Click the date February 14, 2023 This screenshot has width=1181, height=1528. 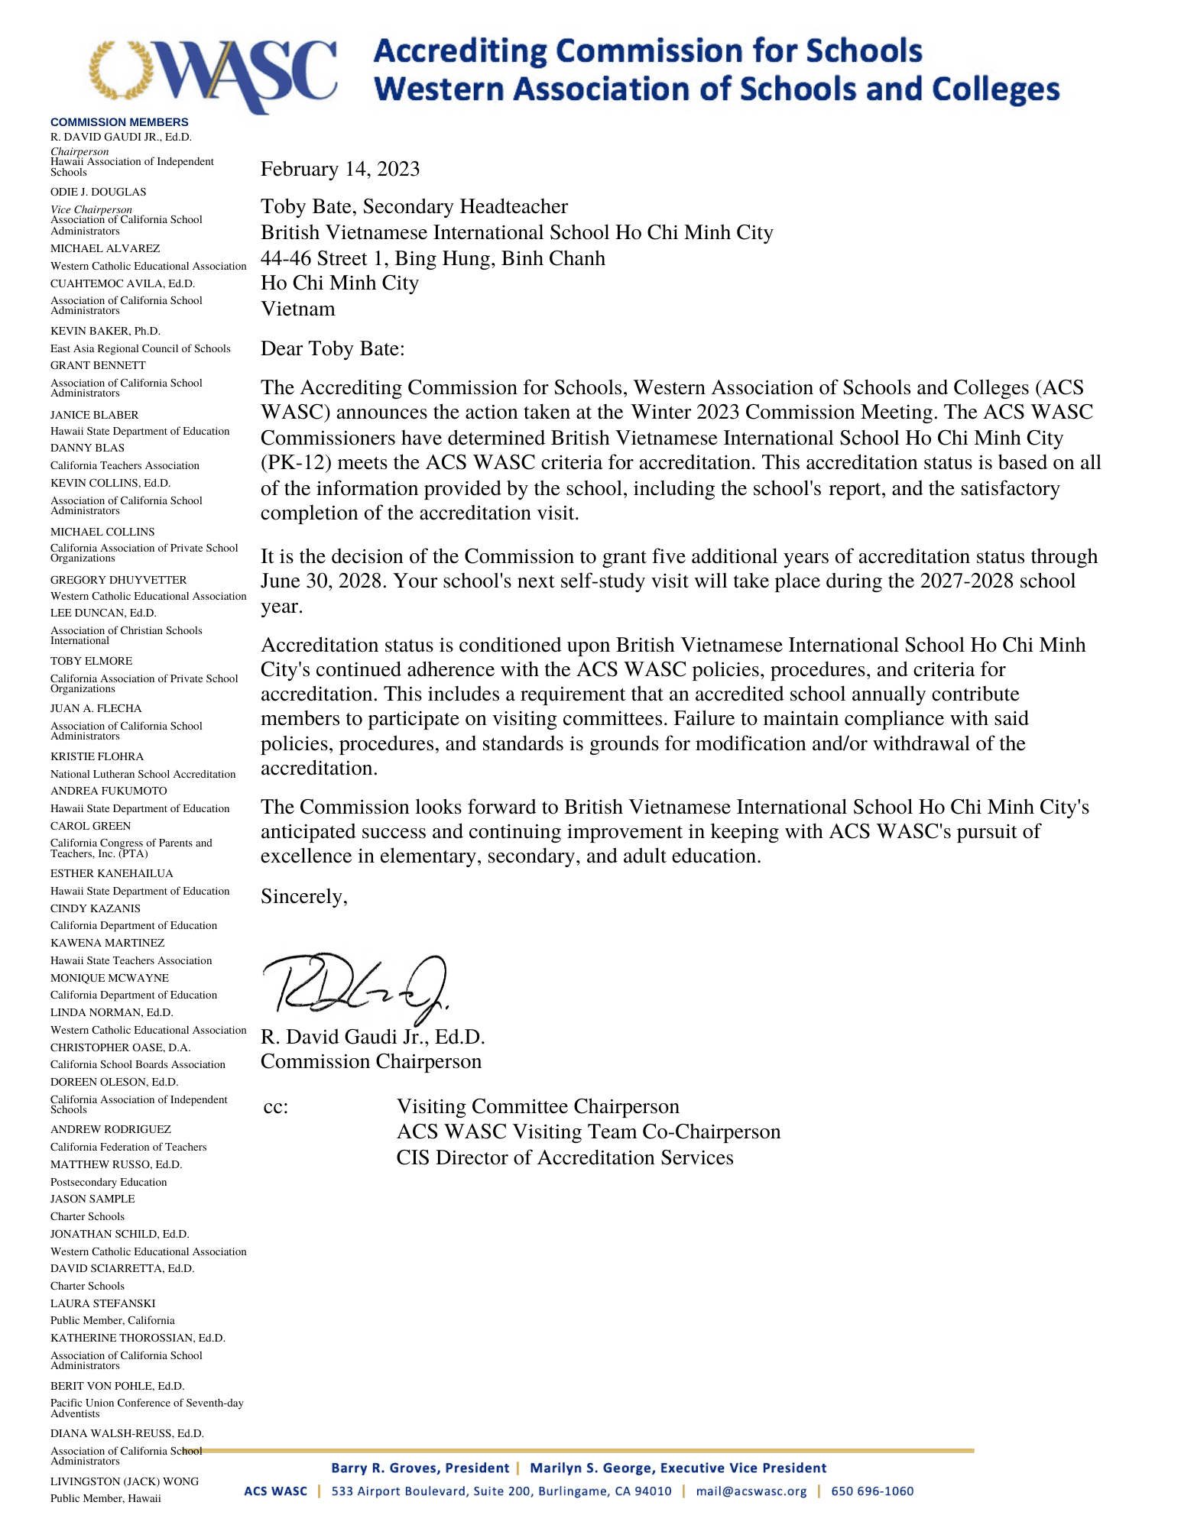tap(340, 169)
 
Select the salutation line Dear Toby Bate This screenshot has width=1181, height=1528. tap(333, 348)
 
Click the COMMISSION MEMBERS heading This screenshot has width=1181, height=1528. tap(119, 122)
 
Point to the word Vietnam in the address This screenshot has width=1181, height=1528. tap(298, 309)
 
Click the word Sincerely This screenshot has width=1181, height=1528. tap(304, 896)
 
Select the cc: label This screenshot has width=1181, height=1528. tap(276, 1107)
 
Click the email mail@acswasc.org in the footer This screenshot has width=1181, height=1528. tap(751, 1491)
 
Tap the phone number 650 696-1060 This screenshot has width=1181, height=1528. tap(872, 1491)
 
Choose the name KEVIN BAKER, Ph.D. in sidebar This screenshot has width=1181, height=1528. tap(105, 331)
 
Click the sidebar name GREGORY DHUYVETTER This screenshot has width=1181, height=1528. tap(118, 580)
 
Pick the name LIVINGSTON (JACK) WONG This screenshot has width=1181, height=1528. tap(125, 1481)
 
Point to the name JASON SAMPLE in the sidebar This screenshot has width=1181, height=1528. tap(92, 1199)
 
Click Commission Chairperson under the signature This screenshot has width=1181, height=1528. tap(371, 1062)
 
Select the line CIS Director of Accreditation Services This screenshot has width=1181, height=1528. tap(565, 1158)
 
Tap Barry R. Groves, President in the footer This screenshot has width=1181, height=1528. tap(420, 1468)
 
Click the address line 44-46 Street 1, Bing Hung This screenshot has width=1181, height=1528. tap(433, 258)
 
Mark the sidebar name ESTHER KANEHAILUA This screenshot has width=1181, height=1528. tap(112, 873)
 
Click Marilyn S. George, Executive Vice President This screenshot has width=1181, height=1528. tap(678, 1468)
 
